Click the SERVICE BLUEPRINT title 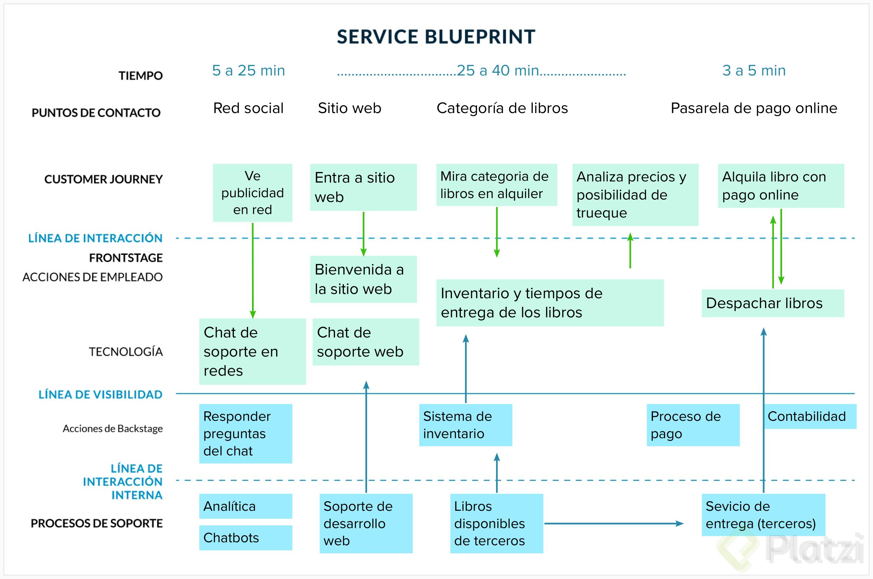tap(436, 37)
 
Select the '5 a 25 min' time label tap(248, 71)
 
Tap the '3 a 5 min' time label tap(754, 71)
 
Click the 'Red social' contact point tap(248, 108)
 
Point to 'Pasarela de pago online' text tap(754, 108)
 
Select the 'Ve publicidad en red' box tap(252, 193)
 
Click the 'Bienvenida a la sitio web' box tap(363, 279)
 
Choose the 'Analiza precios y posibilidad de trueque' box tap(635, 195)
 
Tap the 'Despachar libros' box tap(773, 303)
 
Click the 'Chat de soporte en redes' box tap(252, 352)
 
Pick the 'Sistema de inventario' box tap(465, 425)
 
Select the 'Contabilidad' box tap(810, 417)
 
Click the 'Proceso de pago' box tap(693, 425)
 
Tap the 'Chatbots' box tap(245, 538)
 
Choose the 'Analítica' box tap(245, 506)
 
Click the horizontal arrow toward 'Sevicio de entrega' tap(613, 523)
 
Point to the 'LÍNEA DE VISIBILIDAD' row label tap(100, 394)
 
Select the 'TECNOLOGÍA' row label tap(126, 352)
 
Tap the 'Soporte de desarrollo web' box tap(366, 523)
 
